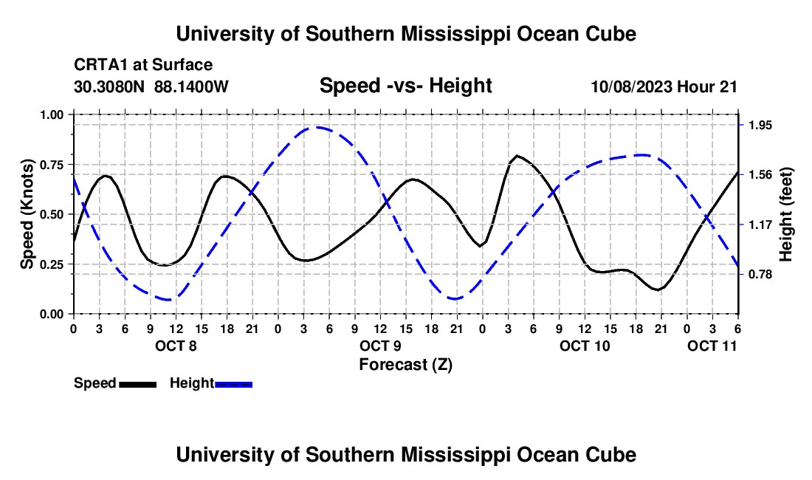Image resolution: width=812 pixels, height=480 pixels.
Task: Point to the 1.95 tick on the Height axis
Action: tap(759, 125)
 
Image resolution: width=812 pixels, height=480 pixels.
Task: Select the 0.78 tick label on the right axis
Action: tap(759, 275)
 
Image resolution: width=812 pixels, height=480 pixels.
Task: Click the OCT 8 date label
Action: tap(176, 346)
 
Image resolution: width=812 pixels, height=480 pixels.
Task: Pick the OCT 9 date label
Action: tap(381, 346)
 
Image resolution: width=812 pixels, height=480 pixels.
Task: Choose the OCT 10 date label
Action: tap(585, 346)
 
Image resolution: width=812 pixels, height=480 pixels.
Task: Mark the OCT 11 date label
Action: tap(712, 346)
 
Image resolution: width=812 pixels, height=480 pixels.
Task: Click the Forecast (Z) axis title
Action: tap(405, 364)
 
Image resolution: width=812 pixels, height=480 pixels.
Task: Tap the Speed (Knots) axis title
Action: tap(27, 214)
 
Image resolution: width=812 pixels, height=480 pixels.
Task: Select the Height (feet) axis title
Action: tap(786, 214)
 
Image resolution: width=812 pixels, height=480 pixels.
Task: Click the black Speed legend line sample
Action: tap(137, 383)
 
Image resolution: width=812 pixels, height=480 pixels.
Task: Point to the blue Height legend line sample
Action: tap(234, 383)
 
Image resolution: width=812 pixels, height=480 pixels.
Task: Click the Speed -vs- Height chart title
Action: tap(405, 86)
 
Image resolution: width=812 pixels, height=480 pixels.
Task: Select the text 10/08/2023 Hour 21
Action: tap(664, 86)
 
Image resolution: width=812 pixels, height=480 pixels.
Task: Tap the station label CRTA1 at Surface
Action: tap(143, 65)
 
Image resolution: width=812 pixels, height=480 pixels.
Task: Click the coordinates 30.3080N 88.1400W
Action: tap(151, 86)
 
